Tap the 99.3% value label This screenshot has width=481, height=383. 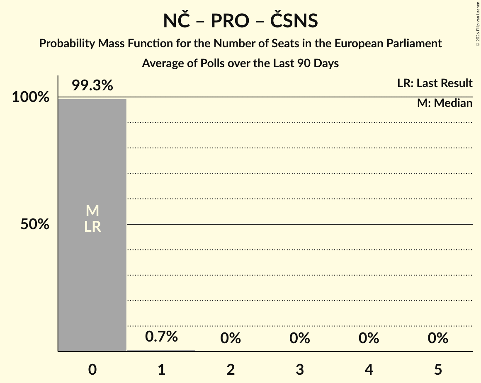92,86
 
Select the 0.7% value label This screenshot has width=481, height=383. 161,336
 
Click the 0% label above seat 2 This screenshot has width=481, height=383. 231,338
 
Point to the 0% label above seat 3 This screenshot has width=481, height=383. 300,338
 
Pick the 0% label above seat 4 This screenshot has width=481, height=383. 369,338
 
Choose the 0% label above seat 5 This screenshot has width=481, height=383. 438,338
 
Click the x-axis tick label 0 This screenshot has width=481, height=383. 92,369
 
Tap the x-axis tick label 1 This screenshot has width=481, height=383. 161,369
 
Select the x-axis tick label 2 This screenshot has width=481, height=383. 231,369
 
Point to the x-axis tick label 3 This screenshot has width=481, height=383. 300,369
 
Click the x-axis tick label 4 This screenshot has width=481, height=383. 369,369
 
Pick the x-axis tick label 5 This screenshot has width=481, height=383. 438,369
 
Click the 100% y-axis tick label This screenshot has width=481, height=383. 30,98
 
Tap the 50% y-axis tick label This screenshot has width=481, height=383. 35,225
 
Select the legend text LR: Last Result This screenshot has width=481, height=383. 435,83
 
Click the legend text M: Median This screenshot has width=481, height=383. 445,103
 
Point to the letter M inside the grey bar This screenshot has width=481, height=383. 92,211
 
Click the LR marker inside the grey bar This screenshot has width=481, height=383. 92,227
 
